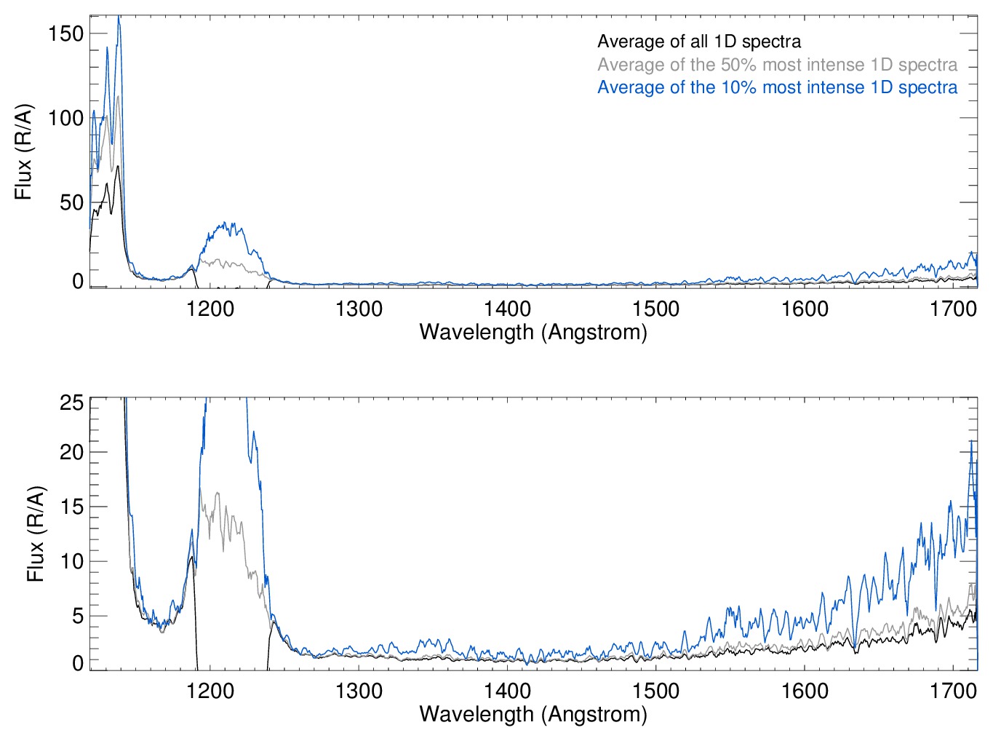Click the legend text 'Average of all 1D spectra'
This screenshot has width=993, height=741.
point(699,41)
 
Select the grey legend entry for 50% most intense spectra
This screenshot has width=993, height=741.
point(777,65)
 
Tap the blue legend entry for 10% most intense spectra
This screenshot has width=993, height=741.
point(777,87)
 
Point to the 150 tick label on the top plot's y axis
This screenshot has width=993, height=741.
point(65,33)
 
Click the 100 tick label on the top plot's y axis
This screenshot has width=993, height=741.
point(65,118)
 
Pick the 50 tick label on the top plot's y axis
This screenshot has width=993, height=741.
point(71,202)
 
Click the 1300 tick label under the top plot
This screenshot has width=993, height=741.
point(359,309)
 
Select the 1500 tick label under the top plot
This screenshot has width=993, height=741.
point(655,309)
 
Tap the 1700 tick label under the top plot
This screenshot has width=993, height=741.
point(953,309)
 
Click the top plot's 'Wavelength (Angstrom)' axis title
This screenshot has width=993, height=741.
point(533,332)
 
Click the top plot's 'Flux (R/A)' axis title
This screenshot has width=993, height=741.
point(24,152)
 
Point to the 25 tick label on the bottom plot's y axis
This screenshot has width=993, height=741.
point(71,403)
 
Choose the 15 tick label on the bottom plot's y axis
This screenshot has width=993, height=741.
point(71,507)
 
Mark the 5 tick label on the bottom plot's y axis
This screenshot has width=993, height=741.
point(77,616)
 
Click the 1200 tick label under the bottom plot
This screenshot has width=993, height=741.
point(210,690)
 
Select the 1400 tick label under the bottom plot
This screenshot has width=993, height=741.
point(507,690)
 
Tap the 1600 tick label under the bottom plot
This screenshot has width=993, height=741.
point(805,690)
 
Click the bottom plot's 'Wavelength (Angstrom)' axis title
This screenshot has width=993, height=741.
point(533,713)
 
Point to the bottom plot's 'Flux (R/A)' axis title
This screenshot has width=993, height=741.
point(36,534)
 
